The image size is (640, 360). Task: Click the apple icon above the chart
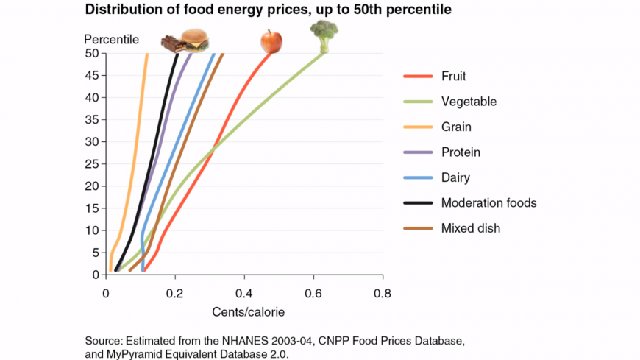pos(271,41)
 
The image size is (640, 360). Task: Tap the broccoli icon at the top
pos(324,35)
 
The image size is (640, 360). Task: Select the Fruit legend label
pos(453,76)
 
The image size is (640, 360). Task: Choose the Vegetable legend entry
pos(469,102)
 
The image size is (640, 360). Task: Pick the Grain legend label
pos(456,127)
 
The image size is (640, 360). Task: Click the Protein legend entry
pos(461,152)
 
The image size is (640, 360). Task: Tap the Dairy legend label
pos(455,177)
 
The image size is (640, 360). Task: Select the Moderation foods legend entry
pos(489,202)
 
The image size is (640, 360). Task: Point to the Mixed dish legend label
pos(470,228)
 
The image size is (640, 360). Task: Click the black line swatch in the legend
pos(416,203)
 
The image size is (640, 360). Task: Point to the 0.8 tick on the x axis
pos(383,292)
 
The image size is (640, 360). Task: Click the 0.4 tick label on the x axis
pos(244,292)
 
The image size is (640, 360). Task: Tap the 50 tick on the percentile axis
pos(94,53)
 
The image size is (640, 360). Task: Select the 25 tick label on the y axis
pos(94,163)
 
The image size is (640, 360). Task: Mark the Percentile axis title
pos(111,38)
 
